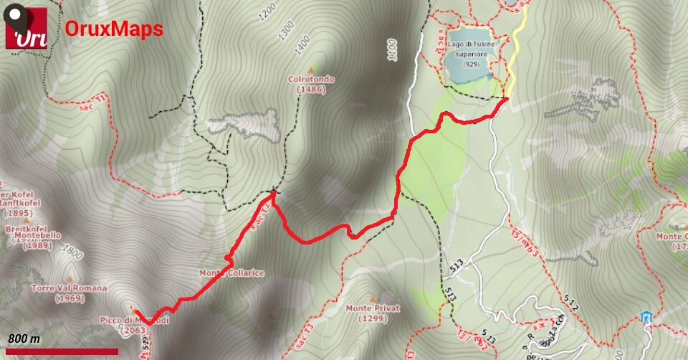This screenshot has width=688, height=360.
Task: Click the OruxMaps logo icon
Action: click(27, 28)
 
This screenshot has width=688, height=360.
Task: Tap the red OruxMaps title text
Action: click(114, 29)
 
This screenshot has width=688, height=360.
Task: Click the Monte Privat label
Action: click(372, 308)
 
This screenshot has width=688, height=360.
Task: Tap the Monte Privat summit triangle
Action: click(372, 298)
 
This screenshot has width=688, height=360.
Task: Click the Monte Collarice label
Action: click(231, 273)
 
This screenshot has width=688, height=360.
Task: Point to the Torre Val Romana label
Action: click(69, 288)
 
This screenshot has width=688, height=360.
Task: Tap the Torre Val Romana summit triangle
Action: click(70, 278)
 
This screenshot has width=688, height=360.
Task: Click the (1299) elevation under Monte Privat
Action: click(372, 318)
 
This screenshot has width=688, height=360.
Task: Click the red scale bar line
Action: click(62, 351)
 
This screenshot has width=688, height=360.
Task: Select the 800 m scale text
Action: click(24, 338)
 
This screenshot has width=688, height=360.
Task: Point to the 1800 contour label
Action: click(72, 252)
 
